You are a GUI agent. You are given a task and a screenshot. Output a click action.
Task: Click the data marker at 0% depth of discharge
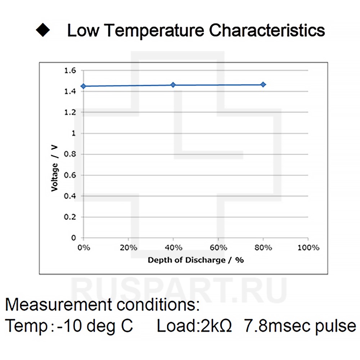(83, 86)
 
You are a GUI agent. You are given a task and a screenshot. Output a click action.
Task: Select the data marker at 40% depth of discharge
(173, 85)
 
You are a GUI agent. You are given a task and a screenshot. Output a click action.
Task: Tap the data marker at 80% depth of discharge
(263, 85)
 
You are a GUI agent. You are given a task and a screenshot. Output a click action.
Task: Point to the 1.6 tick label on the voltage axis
(70, 71)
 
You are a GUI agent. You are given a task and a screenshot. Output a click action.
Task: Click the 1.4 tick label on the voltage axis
(70, 91)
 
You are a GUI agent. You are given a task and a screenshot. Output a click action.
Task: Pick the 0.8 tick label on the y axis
(70, 154)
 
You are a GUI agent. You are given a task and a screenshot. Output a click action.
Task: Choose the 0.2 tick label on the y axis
(70, 217)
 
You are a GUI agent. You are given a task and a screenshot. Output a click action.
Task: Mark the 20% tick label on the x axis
(129, 248)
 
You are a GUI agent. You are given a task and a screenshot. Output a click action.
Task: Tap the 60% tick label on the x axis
(218, 248)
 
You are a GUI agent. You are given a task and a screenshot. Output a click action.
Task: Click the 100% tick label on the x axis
(308, 248)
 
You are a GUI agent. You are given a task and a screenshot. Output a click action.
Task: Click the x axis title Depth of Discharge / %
(195, 260)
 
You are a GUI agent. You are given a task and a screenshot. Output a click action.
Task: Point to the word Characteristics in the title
(267, 30)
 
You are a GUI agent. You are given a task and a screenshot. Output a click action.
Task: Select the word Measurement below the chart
(58, 305)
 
